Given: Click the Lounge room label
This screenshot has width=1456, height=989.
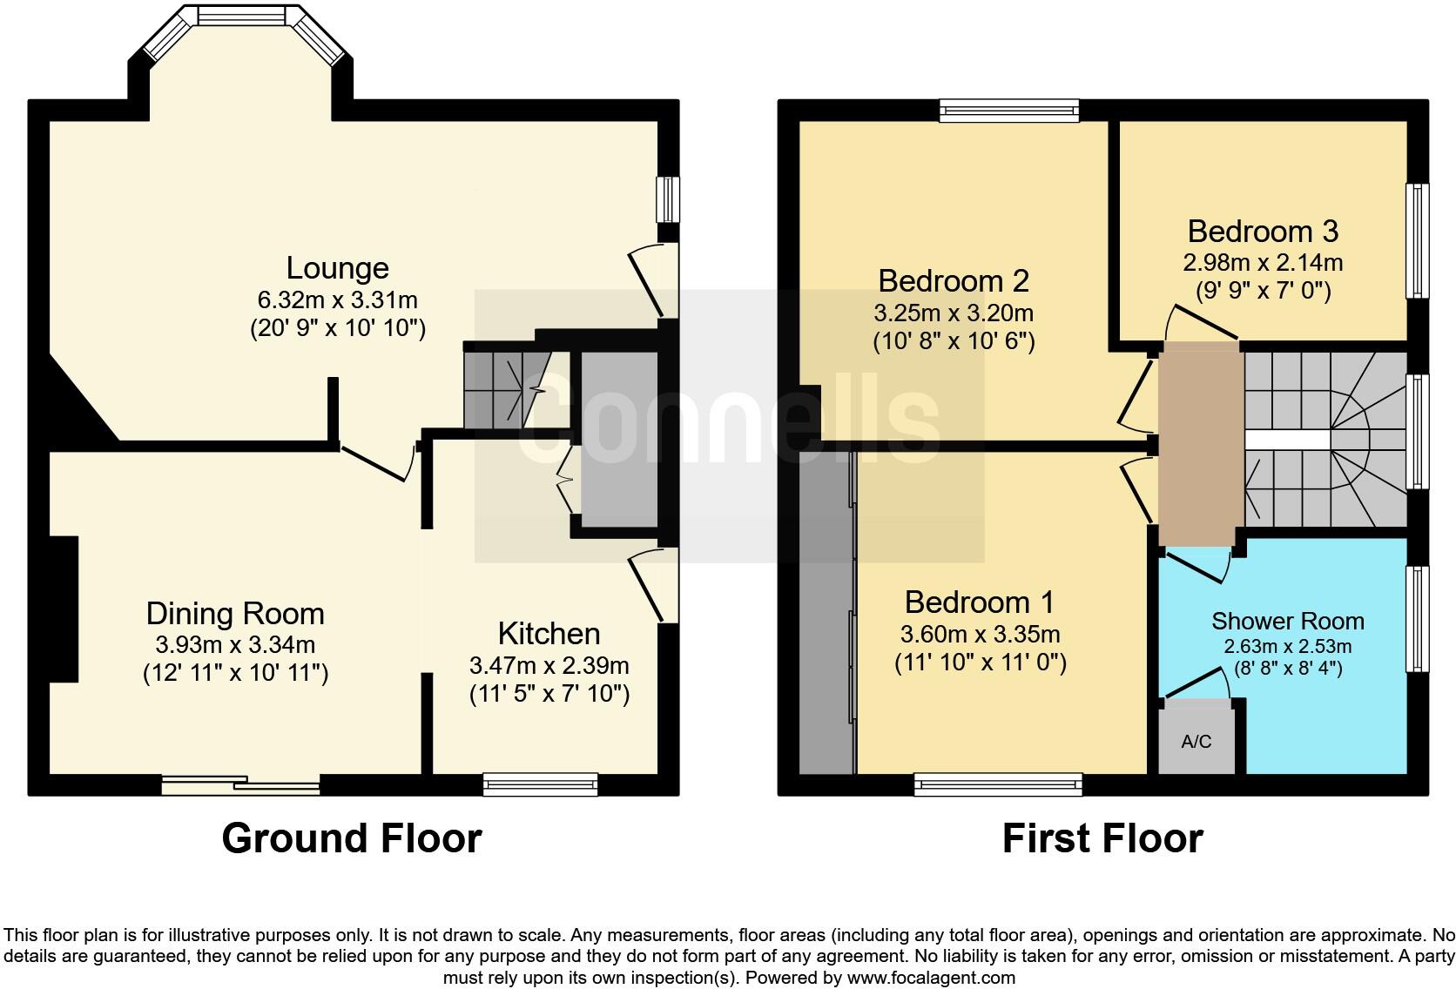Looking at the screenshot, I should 337,268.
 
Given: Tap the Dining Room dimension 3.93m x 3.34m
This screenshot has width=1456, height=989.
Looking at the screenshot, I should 235,645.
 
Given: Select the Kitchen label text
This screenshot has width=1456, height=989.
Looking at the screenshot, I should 549,633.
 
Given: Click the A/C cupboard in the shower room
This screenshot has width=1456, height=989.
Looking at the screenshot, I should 1196,742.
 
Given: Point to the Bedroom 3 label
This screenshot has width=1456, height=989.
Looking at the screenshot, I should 1262,232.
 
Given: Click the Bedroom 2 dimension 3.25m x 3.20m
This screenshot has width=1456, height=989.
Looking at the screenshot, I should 953,313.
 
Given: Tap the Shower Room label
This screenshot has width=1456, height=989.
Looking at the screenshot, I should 1287,621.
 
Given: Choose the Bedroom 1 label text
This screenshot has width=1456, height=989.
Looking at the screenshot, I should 979,602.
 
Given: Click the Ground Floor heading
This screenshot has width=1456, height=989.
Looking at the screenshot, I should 351,838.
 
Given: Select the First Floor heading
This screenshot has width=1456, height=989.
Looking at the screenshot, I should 1102,838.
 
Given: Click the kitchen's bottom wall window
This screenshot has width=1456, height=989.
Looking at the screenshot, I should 541,784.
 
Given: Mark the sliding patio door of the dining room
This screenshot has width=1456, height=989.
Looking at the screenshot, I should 241,785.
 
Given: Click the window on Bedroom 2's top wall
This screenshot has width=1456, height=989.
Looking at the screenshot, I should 1009,110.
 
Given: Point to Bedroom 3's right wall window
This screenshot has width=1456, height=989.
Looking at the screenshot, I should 1419,241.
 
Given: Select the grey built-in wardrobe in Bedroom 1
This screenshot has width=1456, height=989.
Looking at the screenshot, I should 826,609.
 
